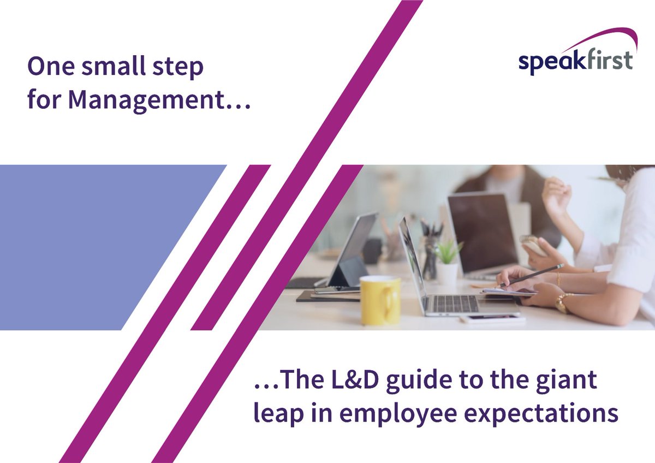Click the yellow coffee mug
[x=380, y=300]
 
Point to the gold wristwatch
[x=563, y=301]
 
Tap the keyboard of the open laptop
[x=455, y=303]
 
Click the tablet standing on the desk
[x=352, y=251]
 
